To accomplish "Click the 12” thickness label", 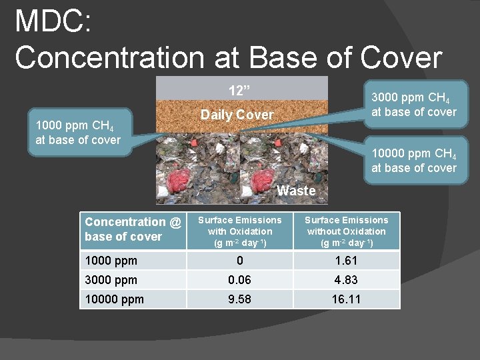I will [240, 90].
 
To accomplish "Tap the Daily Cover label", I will [237, 115].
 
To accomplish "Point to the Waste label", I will [296, 191].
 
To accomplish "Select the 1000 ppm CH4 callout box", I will [78, 133].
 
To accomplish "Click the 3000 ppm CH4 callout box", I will [414, 104].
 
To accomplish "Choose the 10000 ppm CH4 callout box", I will [414, 161].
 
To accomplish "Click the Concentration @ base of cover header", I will [133, 229].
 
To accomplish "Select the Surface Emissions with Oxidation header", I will [240, 231].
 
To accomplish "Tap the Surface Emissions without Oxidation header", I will [346, 231].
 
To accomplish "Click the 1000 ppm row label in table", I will [111, 261].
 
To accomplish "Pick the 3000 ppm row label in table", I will [111, 280].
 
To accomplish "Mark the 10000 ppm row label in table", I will [114, 299].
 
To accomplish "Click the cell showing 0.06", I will [239, 280].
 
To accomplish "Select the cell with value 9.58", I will [239, 299].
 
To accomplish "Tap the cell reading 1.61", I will [346, 261].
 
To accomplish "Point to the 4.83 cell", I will [346, 280].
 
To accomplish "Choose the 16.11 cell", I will [346, 299].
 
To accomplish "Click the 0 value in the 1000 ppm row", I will [239, 261].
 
